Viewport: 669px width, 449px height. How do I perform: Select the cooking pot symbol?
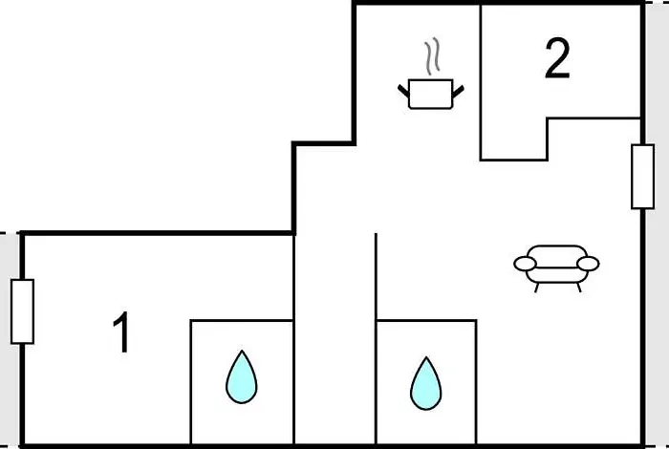[429, 94]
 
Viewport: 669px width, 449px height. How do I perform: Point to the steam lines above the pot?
[433, 57]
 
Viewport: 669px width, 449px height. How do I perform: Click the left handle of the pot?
[404, 91]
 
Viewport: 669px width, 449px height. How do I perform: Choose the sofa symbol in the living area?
[556, 265]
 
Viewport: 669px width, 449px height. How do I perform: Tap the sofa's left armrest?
[525, 263]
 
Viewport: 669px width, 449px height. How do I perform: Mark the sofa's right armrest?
[589, 263]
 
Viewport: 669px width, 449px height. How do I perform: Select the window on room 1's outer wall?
[22, 311]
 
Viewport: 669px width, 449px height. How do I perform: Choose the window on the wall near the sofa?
[642, 176]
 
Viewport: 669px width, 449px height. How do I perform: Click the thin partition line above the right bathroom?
[376, 275]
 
